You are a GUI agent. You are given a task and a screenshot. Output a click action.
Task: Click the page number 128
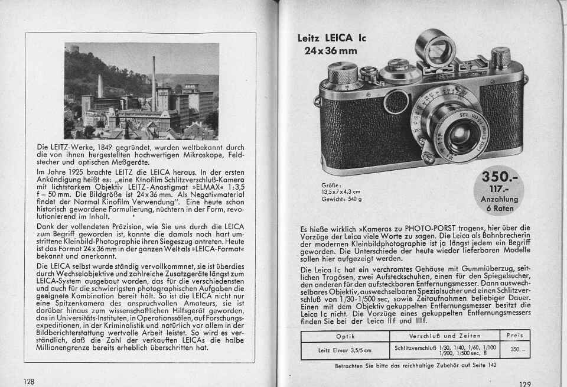29,381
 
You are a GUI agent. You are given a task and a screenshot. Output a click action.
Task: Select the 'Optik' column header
345,336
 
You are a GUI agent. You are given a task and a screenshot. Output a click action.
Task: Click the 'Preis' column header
515,336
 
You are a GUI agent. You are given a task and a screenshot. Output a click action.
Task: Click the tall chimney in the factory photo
154,83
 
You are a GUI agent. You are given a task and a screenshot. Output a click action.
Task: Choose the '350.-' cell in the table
514,350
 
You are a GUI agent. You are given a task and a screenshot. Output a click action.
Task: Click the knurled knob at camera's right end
500,58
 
